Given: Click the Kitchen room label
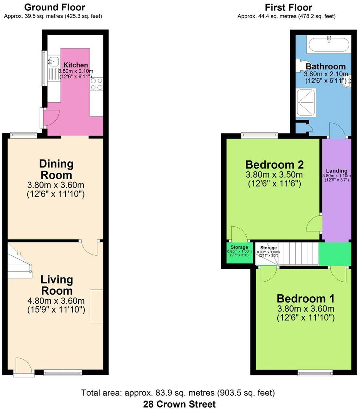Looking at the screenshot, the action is (75, 65).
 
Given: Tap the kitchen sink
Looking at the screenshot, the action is (53, 60).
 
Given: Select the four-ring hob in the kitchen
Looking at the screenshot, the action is (96, 84).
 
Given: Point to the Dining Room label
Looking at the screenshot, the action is (56, 169).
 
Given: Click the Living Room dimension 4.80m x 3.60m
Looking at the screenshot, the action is (56, 301).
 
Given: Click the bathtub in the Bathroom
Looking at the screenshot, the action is (329, 44).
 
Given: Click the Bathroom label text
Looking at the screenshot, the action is (325, 67).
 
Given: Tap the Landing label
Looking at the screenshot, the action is (337, 171).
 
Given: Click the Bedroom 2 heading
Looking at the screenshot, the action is (274, 164).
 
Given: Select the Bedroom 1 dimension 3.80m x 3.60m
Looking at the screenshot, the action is (306, 309).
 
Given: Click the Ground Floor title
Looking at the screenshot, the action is (55, 7).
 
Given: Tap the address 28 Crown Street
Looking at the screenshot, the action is (179, 404).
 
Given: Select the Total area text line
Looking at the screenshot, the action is (178, 393).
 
